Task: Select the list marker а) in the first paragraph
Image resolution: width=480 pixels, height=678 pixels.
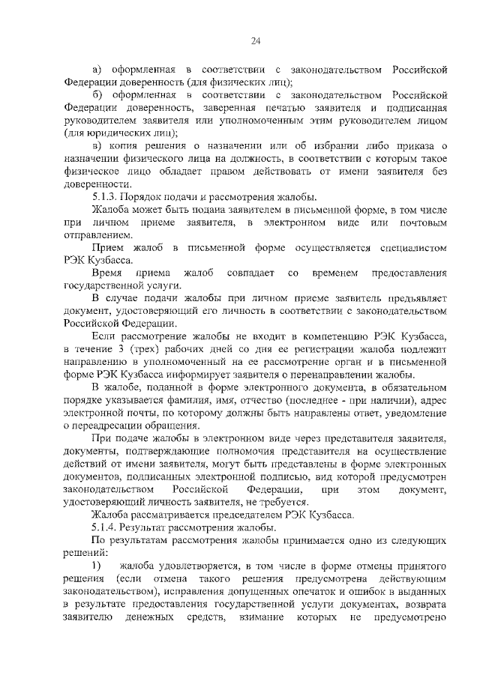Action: click(97, 69)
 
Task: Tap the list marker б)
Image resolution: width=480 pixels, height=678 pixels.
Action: click(97, 96)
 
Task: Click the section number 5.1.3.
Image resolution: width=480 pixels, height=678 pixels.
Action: click(103, 196)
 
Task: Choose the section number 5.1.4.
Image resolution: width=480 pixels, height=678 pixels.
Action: click(103, 528)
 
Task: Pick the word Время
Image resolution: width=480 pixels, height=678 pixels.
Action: click(107, 273)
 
